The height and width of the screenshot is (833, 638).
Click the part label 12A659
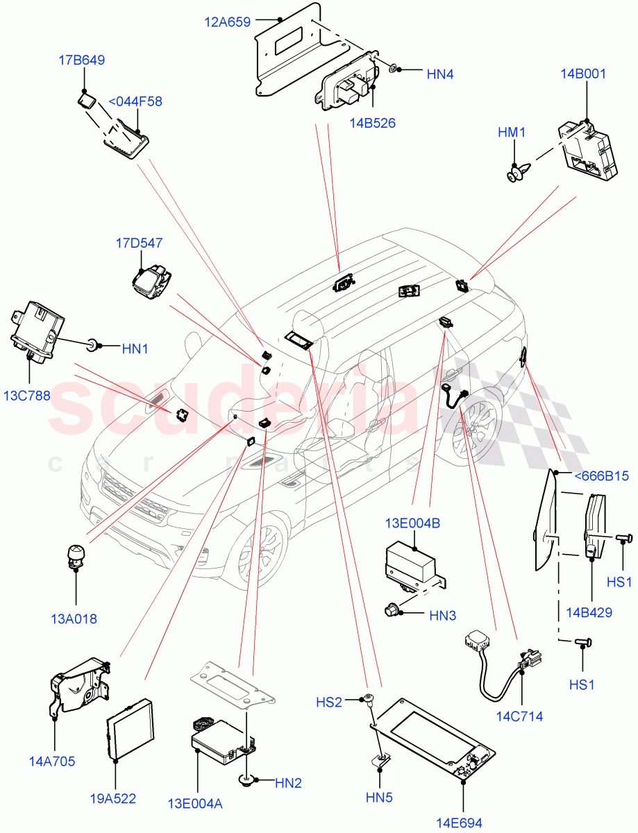[227, 22]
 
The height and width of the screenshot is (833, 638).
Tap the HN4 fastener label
[439, 74]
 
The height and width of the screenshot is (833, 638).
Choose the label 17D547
[139, 243]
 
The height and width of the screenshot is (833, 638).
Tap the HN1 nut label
[135, 348]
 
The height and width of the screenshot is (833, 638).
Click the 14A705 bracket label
[53, 761]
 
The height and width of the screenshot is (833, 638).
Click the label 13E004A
[195, 804]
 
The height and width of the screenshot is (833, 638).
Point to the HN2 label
[288, 783]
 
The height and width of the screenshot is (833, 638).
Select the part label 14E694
[459, 823]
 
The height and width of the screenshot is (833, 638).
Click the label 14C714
[519, 716]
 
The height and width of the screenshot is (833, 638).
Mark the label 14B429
[589, 612]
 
